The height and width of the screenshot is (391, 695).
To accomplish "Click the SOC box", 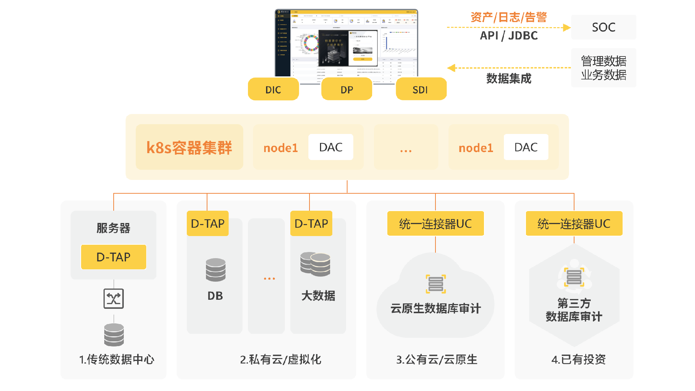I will pyautogui.click(x=603, y=27).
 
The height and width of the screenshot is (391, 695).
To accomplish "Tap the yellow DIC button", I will pyautogui.click(x=273, y=89).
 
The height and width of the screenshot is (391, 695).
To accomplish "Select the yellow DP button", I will pyautogui.click(x=347, y=89).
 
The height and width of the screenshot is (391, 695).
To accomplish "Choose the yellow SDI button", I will pyautogui.click(x=421, y=89).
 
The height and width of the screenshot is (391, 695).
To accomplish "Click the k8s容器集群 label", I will pyautogui.click(x=189, y=147).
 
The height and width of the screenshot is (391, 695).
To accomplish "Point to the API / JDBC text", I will pyautogui.click(x=509, y=35).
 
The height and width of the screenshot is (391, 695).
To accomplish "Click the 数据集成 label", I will pyautogui.click(x=509, y=78).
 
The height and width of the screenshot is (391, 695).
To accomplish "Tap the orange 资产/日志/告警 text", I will pyautogui.click(x=509, y=17).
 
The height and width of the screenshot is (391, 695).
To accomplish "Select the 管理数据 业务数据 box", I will pyautogui.click(x=603, y=68).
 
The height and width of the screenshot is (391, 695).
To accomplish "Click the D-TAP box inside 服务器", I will pyautogui.click(x=113, y=257).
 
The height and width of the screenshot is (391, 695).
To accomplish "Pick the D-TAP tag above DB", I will pyautogui.click(x=208, y=223).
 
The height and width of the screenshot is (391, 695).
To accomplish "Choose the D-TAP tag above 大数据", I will pyautogui.click(x=311, y=223).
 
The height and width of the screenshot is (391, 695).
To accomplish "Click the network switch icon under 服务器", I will pyautogui.click(x=114, y=299).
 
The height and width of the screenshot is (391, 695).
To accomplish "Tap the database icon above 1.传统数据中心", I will pyautogui.click(x=114, y=335).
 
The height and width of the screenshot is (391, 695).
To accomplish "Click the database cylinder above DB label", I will pyautogui.click(x=215, y=270).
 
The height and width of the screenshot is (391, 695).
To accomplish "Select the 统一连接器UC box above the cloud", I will pyautogui.click(x=435, y=224).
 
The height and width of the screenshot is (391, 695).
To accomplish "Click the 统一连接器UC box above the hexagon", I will pyautogui.click(x=574, y=224).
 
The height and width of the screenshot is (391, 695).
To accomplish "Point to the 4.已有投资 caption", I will pyautogui.click(x=578, y=360).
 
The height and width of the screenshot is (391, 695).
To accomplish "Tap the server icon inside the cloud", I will pyautogui.click(x=436, y=284).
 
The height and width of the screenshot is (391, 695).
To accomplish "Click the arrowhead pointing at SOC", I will pyautogui.click(x=567, y=28).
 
